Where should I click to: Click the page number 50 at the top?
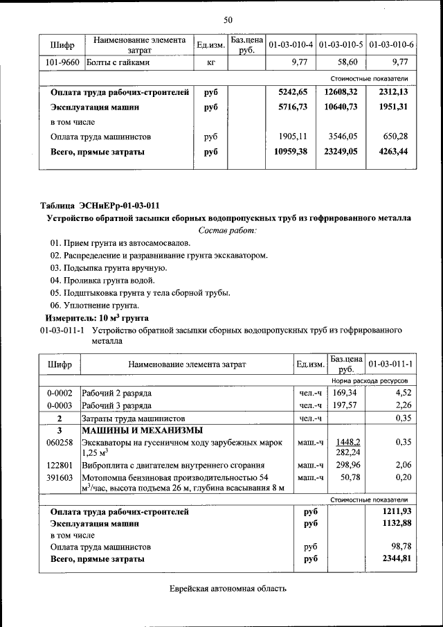(228, 19)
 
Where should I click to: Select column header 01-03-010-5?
(341, 45)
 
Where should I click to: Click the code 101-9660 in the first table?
(62, 63)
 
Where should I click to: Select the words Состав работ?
(228, 230)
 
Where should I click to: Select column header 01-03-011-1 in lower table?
(391, 364)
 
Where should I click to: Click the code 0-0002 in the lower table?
(60, 393)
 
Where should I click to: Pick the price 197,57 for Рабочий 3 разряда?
(347, 405)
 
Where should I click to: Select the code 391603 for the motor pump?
(60, 477)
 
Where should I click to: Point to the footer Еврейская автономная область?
(228, 589)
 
